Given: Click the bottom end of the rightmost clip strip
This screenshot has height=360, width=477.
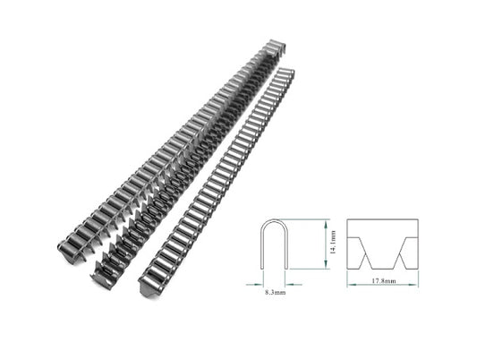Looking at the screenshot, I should (150, 288).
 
